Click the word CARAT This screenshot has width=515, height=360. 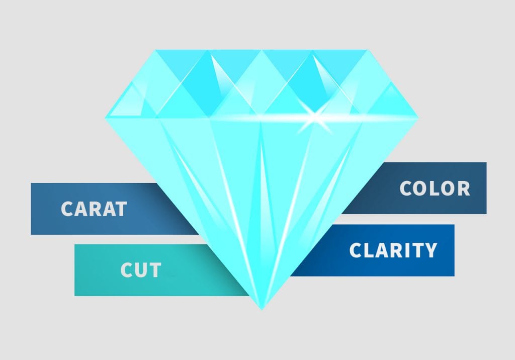tap(94, 209)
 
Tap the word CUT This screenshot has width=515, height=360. tap(141, 270)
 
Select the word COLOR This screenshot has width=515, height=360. tap(435, 188)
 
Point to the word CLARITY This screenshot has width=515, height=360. tap(393, 250)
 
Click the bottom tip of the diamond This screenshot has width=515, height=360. tap(262, 309)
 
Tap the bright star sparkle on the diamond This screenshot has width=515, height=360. tap(314, 116)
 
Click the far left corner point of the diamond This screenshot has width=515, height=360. tap(105, 118)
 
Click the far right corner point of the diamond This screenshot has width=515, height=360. tap(418, 117)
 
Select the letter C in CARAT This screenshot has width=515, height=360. tap(67, 209)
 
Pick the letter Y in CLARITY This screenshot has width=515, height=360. tap(431, 250)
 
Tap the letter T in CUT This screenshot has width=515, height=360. tap(155, 270)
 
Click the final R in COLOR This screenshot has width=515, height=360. tap(464, 188)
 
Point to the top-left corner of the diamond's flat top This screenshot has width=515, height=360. tap(155, 50)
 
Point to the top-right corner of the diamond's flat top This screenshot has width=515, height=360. tap(368, 50)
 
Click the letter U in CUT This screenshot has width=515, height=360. tap(141, 271)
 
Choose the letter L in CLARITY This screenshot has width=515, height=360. tap(368, 250)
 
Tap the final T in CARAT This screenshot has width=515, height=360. tap(121, 209)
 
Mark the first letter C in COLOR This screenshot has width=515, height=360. tap(405, 188)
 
